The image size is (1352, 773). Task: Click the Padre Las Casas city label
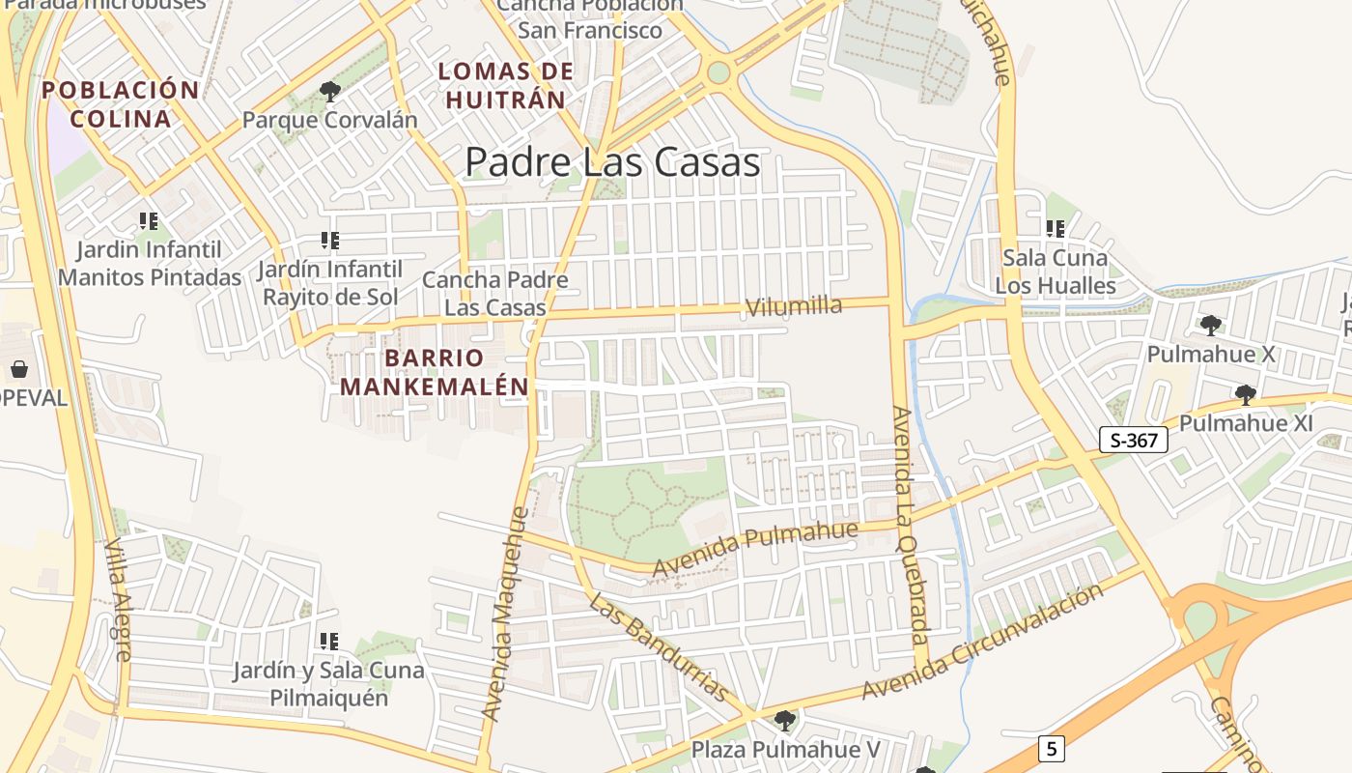(612, 162)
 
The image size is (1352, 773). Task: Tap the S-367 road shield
(1134, 441)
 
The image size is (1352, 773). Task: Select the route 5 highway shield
(1052, 747)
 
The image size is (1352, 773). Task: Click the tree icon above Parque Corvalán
(330, 93)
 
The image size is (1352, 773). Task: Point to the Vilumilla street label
(794, 307)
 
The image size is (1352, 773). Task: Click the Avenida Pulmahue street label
(754, 548)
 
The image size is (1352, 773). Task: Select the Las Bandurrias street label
(659, 647)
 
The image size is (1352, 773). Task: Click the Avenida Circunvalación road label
(982, 641)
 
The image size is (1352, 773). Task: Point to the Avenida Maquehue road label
(505, 615)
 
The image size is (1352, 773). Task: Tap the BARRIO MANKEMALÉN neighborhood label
(434, 372)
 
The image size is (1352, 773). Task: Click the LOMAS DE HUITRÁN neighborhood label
(505, 85)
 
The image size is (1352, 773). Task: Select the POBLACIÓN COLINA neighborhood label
(121, 104)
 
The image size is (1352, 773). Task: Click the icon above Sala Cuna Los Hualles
(1056, 229)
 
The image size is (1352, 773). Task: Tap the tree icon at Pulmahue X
(1210, 325)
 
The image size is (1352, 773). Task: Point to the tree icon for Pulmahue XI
(1246, 394)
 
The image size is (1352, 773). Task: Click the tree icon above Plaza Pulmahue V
(785, 720)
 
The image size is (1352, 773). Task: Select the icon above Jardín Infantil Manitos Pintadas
(149, 221)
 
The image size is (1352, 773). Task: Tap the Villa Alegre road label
(117, 599)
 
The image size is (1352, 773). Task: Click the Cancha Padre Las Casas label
(495, 294)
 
